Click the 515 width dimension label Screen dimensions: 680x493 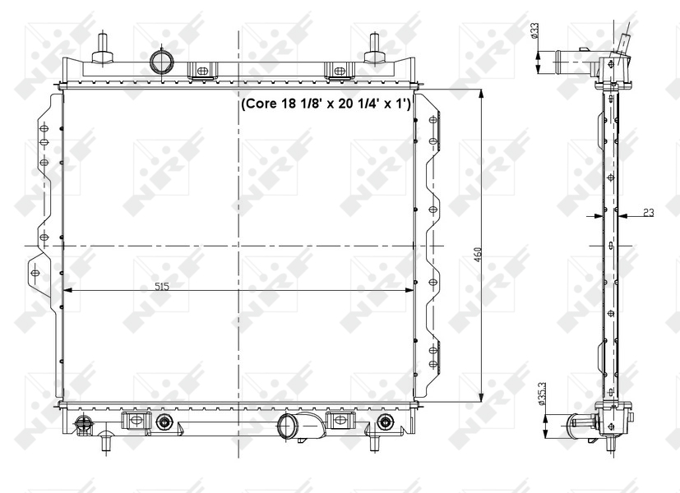(x=162, y=286)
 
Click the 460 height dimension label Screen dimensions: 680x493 (x=478, y=255)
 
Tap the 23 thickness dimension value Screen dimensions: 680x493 (x=648, y=212)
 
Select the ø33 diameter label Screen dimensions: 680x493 (x=534, y=31)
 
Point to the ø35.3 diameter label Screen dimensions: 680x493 (x=541, y=394)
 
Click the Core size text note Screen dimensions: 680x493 (x=326, y=104)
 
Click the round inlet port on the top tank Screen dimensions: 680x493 (x=161, y=62)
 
